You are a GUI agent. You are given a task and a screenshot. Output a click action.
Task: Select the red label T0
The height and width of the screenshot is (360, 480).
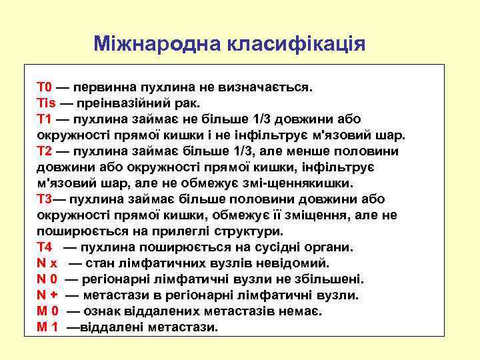(44, 87)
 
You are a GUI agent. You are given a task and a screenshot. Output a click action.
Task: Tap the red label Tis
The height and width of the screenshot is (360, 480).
(46, 103)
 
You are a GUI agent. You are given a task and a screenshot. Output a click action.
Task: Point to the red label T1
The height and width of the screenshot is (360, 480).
(44, 119)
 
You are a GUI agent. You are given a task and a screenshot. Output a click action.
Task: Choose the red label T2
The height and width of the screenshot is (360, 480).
(44, 151)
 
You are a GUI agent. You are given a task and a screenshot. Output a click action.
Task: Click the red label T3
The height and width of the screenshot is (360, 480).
(44, 199)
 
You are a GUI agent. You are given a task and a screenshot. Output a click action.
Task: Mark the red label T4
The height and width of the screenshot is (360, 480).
(44, 247)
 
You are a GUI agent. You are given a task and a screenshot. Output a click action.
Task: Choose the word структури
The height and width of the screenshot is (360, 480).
(246, 231)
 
